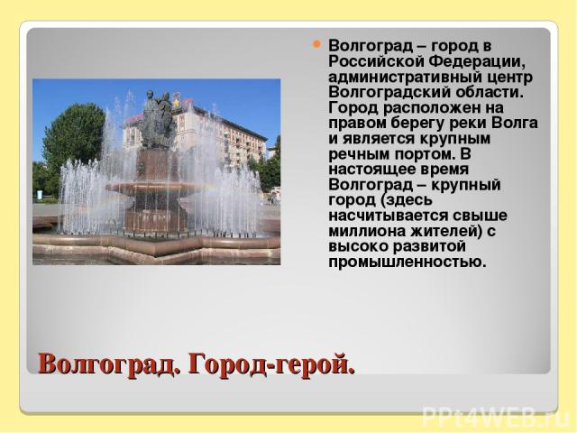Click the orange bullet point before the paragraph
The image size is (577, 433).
(x=316, y=44)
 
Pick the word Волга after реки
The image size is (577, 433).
(x=515, y=123)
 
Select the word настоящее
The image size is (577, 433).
(x=372, y=170)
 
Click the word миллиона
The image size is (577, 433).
(x=368, y=232)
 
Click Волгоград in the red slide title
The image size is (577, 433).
(x=109, y=364)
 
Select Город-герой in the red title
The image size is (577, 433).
(x=271, y=364)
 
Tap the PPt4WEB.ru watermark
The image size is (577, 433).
(x=497, y=417)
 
